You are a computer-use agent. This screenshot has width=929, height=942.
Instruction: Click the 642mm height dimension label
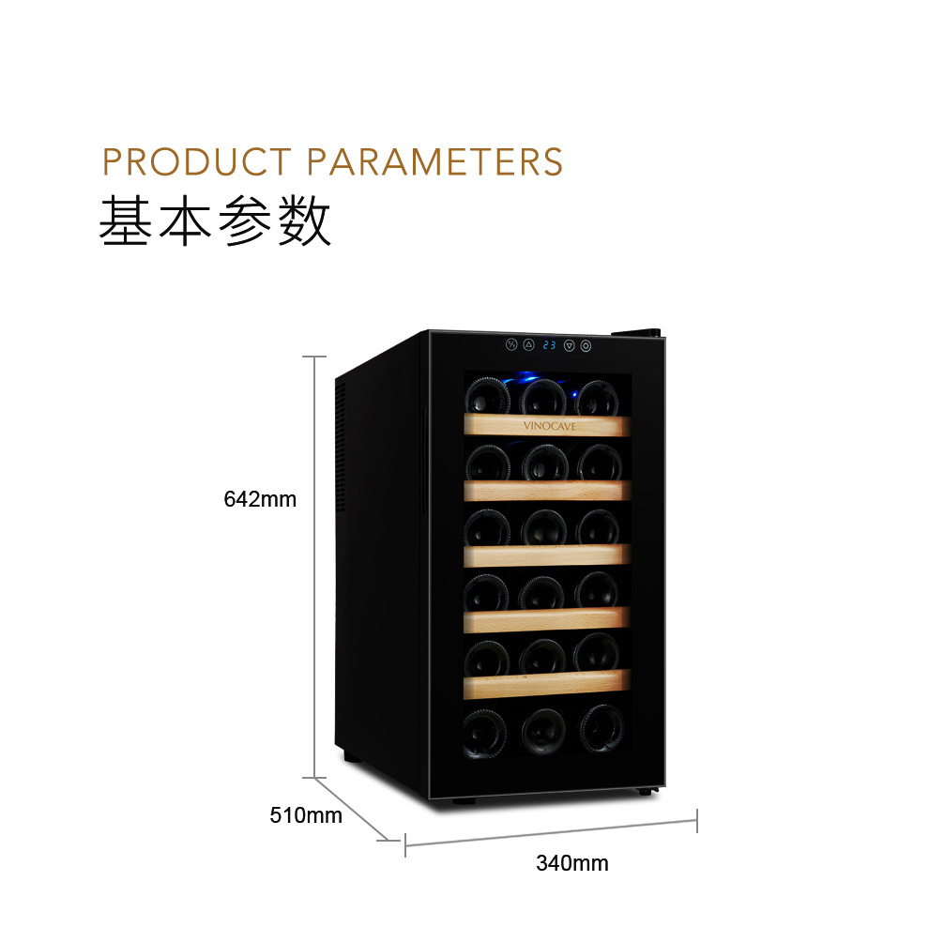tap(260, 499)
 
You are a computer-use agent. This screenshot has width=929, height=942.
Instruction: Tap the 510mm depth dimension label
tap(306, 815)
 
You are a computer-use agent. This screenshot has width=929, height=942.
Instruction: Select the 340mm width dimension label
tap(572, 863)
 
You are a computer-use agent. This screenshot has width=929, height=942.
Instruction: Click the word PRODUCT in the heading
tap(197, 162)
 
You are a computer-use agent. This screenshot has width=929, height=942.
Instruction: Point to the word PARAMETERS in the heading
tap(435, 162)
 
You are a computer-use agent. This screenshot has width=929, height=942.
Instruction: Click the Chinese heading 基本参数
tap(215, 220)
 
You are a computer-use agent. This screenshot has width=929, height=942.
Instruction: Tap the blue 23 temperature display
tap(549, 345)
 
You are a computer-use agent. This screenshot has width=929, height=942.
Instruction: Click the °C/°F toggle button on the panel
tap(511, 344)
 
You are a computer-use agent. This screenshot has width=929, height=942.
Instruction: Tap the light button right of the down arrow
tap(586, 346)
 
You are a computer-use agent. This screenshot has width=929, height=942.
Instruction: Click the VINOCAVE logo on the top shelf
tap(549, 426)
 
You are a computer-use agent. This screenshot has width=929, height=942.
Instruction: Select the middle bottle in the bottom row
tap(543, 730)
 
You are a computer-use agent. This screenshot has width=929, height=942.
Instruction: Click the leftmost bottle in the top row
tap(488, 396)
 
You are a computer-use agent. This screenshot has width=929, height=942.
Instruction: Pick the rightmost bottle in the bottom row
tap(602, 728)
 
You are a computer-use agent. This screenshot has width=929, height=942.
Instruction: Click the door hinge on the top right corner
tap(636, 333)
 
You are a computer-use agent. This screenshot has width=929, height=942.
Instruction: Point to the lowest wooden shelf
tap(546, 684)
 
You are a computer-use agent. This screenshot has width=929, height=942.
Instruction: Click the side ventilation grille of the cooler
tap(340, 446)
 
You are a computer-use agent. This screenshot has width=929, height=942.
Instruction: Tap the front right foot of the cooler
tap(646, 792)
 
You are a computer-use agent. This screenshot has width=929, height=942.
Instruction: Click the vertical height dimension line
tap(314, 567)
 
